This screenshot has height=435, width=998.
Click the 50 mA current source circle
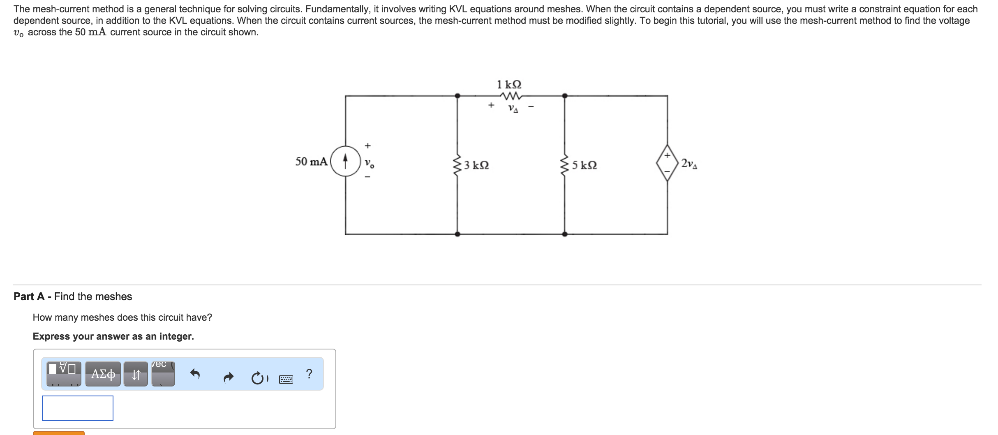tap(345, 161)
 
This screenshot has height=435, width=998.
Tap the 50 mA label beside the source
tap(312, 162)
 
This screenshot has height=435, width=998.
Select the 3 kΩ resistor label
tap(476, 165)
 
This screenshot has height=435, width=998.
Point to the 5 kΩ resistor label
tap(584, 165)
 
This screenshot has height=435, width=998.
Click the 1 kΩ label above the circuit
tap(509, 85)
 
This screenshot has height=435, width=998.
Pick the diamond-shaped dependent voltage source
tap(667, 163)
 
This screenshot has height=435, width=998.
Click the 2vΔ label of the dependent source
tap(689, 164)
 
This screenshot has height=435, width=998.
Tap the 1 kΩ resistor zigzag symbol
tap(511, 96)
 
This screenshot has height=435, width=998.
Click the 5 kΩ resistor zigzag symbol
tap(565, 165)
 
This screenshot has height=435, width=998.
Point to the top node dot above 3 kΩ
tap(457, 96)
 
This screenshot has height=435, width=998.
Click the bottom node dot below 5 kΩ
tap(565, 234)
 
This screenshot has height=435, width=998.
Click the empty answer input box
tap(78, 408)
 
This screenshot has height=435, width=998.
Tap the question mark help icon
tap(309, 374)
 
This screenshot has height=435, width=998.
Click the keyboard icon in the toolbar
tap(286, 379)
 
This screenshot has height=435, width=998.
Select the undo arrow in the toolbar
tap(195, 374)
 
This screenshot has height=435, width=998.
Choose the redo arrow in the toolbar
tap(229, 377)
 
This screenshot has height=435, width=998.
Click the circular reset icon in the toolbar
tap(257, 378)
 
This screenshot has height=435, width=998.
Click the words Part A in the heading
tap(29, 296)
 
